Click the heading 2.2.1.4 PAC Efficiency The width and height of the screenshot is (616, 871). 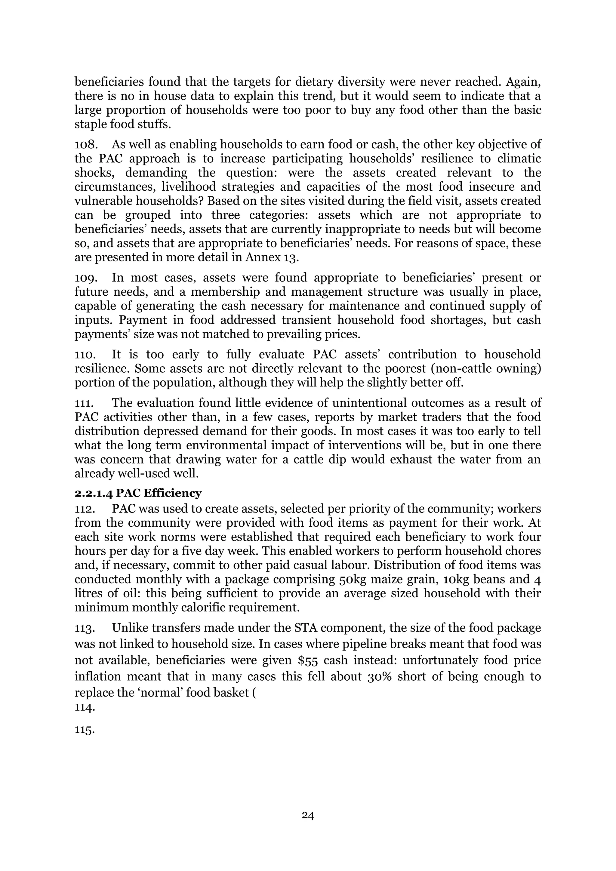pyautogui.click(x=138, y=493)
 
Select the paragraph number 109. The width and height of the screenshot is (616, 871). pyautogui.click(x=86, y=278)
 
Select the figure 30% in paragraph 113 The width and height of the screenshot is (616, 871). pyautogui.click(x=379, y=677)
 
